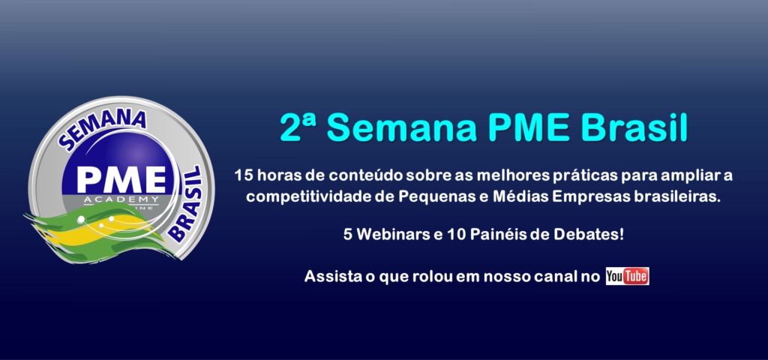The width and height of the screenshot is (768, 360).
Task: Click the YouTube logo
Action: tap(627, 276)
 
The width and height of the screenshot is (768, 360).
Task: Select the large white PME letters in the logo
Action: tap(121, 181)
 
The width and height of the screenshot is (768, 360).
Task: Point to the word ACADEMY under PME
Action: tap(121, 199)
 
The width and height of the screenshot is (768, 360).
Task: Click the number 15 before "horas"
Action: tap(241, 175)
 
